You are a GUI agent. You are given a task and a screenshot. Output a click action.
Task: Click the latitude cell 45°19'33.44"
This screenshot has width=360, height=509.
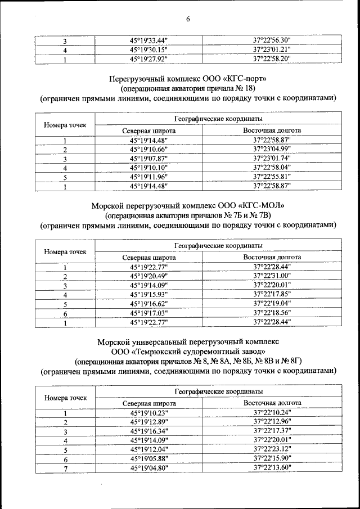[149, 40]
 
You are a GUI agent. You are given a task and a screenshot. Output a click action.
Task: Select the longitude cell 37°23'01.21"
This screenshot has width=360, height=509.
[272, 49]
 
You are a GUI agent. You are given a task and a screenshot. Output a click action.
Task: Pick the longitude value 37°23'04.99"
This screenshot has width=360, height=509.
[272, 150]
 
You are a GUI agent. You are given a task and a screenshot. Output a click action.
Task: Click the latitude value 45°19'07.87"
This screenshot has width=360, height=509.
[149, 159]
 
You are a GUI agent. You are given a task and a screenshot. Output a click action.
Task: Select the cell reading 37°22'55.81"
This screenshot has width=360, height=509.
[272, 177]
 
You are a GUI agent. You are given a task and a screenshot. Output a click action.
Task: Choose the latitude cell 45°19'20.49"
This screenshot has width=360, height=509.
[149, 277]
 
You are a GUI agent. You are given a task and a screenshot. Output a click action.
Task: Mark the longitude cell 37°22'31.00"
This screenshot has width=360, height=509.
[272, 277]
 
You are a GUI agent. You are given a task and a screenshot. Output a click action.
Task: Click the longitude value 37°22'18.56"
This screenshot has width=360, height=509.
[272, 313]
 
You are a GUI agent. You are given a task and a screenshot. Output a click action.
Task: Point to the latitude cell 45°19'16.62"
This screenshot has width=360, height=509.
[149, 304]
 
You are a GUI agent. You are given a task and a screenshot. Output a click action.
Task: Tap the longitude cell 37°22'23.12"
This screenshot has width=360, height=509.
[272, 449]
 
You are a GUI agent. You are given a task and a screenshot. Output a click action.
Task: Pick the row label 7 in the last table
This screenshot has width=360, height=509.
[65, 467]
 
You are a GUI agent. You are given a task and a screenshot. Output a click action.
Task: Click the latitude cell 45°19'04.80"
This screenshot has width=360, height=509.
[149, 467]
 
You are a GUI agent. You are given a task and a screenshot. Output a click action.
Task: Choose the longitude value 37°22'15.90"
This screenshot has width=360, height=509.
[272, 458]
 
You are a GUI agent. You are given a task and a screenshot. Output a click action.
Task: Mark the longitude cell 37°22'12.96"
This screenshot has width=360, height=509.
[272, 422]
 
